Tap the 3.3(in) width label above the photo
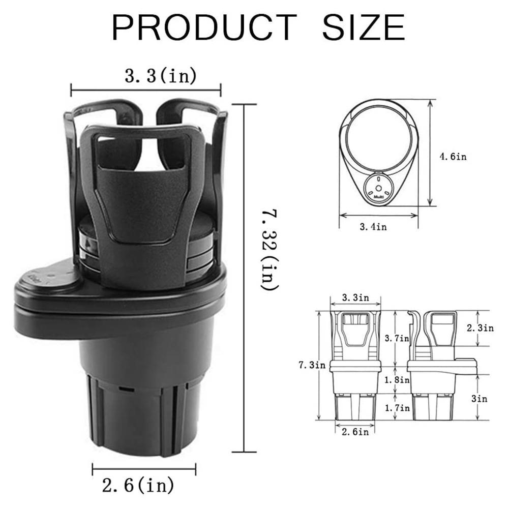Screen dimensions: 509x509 (161, 76)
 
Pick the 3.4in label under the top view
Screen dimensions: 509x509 (373, 227)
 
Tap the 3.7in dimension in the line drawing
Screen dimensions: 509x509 (397, 338)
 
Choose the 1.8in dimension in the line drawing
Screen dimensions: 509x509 (397, 379)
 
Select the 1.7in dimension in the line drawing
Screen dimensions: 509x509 (397, 407)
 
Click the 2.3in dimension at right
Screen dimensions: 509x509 (480, 328)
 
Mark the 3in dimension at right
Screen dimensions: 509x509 (479, 399)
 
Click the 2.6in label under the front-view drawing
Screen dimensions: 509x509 (355, 432)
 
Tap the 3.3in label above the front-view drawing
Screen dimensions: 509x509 (355, 298)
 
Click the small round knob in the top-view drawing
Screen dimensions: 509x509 (379, 187)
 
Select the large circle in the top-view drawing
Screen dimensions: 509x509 (378, 139)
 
